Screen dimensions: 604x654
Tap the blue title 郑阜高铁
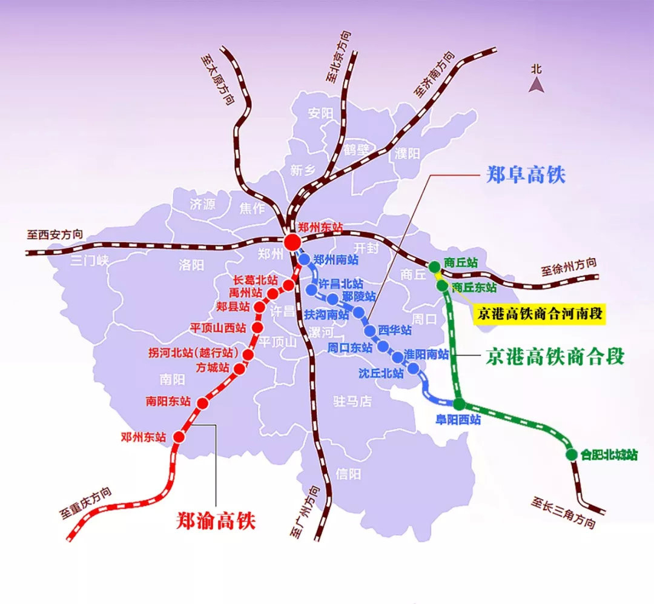(525, 176)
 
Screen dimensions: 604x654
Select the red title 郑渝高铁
(216, 520)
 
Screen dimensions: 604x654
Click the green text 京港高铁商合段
(555, 357)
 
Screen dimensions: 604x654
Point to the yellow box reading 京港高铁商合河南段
(541, 314)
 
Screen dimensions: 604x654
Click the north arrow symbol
(536, 85)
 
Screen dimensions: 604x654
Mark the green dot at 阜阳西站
(459, 404)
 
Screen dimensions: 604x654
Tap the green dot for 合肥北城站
(570, 454)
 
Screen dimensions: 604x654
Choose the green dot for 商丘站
(435, 266)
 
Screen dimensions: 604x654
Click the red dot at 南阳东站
(203, 403)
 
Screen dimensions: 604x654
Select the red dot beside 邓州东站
(179, 436)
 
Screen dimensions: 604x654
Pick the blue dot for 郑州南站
(305, 259)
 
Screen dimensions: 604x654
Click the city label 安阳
(320, 113)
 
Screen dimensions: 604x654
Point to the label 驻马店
(352, 401)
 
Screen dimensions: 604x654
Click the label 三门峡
(89, 261)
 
